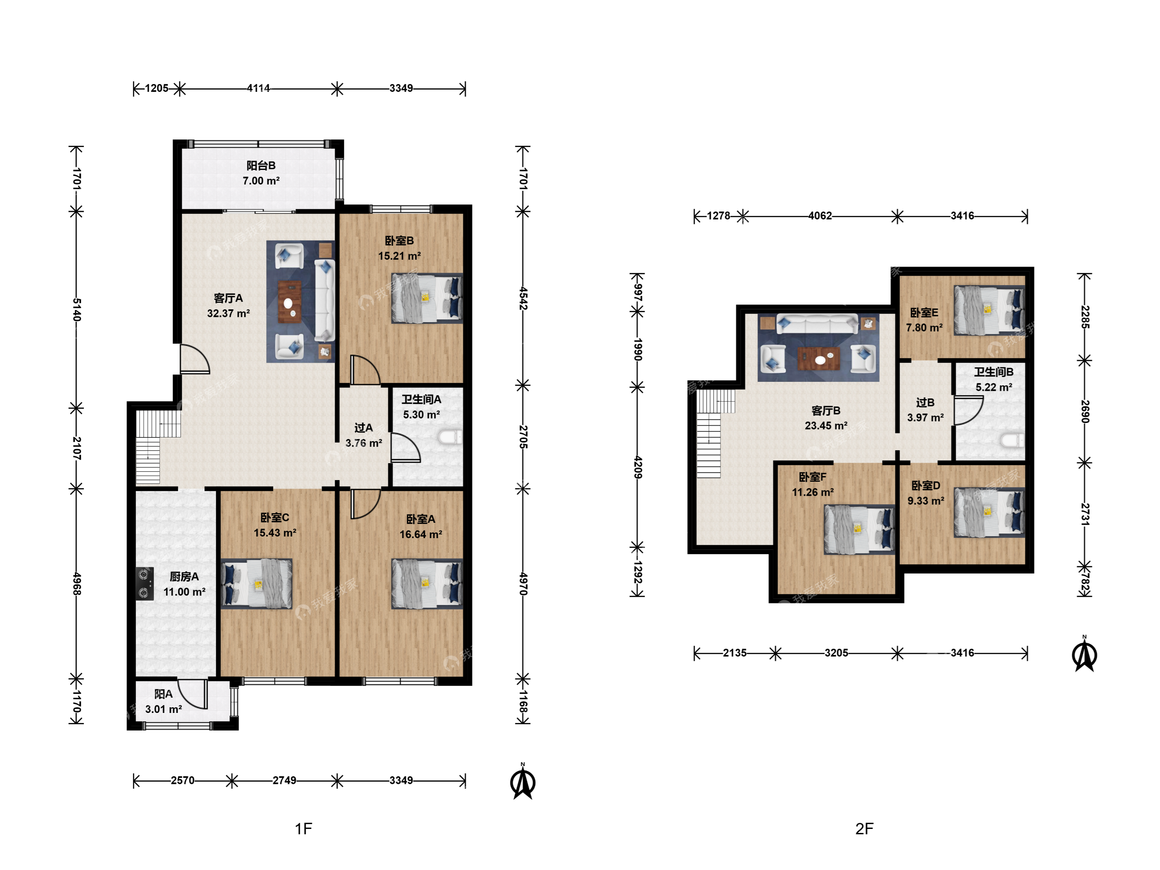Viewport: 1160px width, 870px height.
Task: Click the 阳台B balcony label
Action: (x=261, y=166)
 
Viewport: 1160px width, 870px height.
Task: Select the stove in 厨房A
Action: (x=145, y=584)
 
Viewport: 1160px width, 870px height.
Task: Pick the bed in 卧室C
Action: (x=257, y=584)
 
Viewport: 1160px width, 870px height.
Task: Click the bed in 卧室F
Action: (x=859, y=530)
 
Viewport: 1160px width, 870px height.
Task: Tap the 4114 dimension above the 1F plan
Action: (x=259, y=88)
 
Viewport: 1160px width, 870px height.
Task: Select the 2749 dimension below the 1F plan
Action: (x=284, y=780)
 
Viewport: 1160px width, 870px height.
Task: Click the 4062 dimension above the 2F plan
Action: (x=820, y=215)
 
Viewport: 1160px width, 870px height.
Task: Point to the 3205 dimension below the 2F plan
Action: (x=836, y=653)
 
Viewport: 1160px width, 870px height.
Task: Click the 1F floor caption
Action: (x=304, y=829)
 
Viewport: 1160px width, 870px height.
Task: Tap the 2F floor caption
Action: (x=864, y=829)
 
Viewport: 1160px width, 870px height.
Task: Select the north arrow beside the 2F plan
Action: (x=1085, y=654)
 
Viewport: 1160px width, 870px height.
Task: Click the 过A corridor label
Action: (x=363, y=428)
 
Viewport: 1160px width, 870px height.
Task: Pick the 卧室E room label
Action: (x=924, y=313)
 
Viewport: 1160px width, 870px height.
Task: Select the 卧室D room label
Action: (x=926, y=486)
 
